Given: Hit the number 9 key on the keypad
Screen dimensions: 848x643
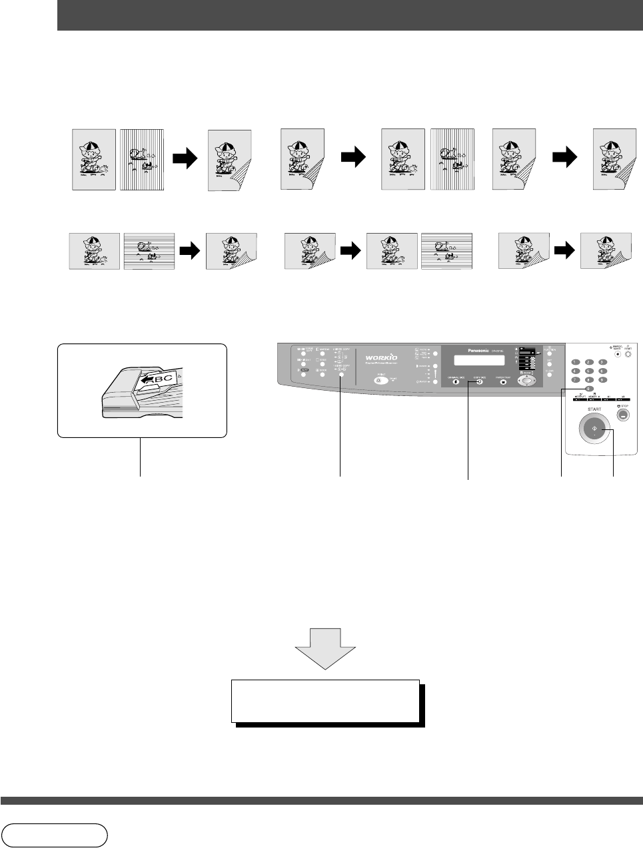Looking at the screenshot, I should click(602, 379).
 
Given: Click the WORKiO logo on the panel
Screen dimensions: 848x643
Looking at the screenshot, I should click(380, 357).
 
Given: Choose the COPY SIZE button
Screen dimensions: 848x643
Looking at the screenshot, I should click(478, 382).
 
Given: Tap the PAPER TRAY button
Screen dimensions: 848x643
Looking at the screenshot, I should click(503, 382).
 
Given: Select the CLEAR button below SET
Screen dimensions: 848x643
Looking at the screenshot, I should click(550, 375).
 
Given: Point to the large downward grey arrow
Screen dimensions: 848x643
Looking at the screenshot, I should click(324, 648).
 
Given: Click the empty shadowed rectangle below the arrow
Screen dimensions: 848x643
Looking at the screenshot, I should click(325, 701).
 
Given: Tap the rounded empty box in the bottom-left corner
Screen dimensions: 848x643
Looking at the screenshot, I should click(55, 835).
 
